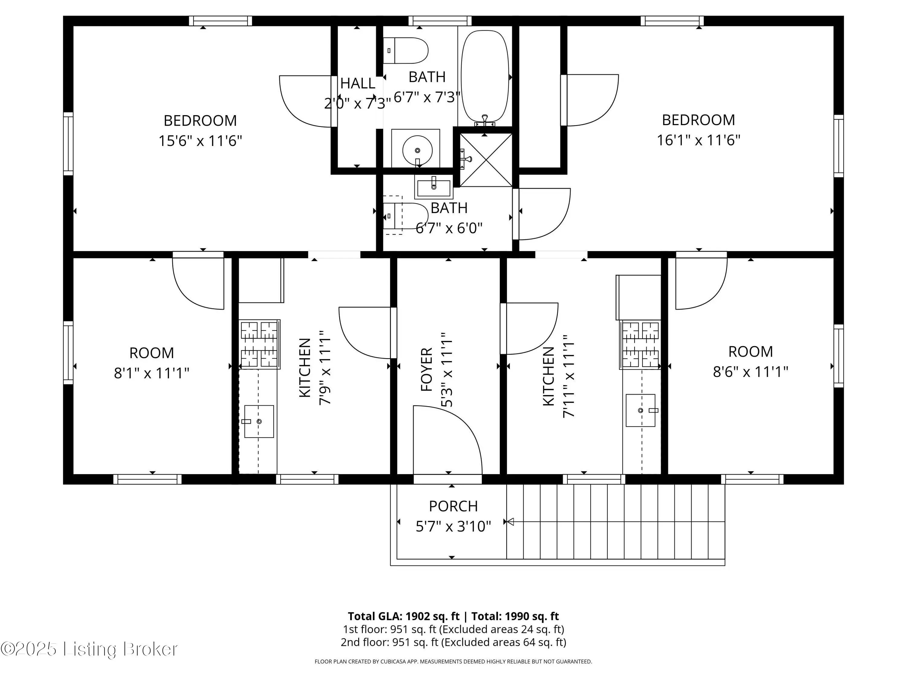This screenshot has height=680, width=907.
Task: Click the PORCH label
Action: point(453,506)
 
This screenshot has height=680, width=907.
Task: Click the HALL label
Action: point(358,83)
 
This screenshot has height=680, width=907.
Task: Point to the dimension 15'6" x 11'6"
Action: point(200,141)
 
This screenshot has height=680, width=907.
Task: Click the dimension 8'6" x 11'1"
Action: point(750,372)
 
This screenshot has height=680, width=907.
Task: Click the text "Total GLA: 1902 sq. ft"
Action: point(404,616)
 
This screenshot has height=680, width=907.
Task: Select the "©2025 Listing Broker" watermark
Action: point(89,649)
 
